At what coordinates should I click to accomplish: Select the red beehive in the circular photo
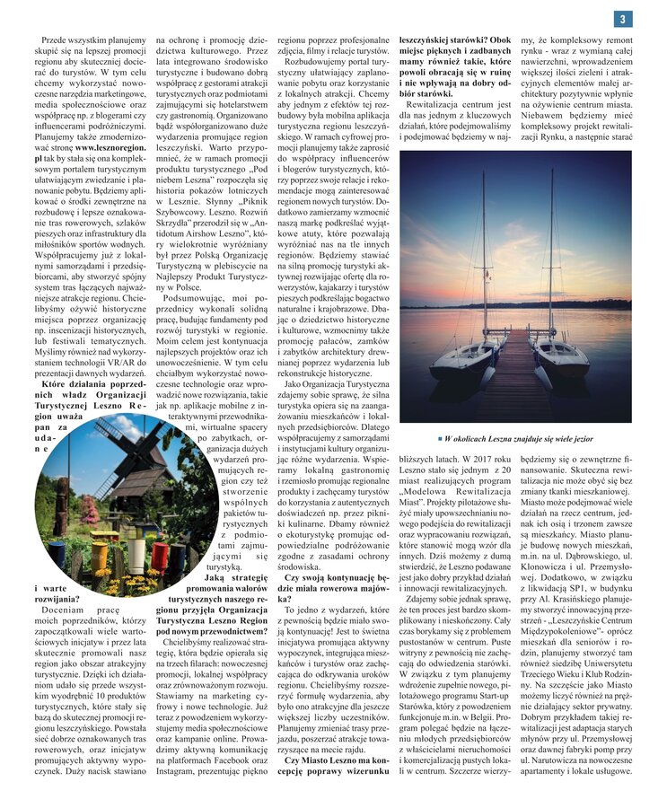158,555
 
